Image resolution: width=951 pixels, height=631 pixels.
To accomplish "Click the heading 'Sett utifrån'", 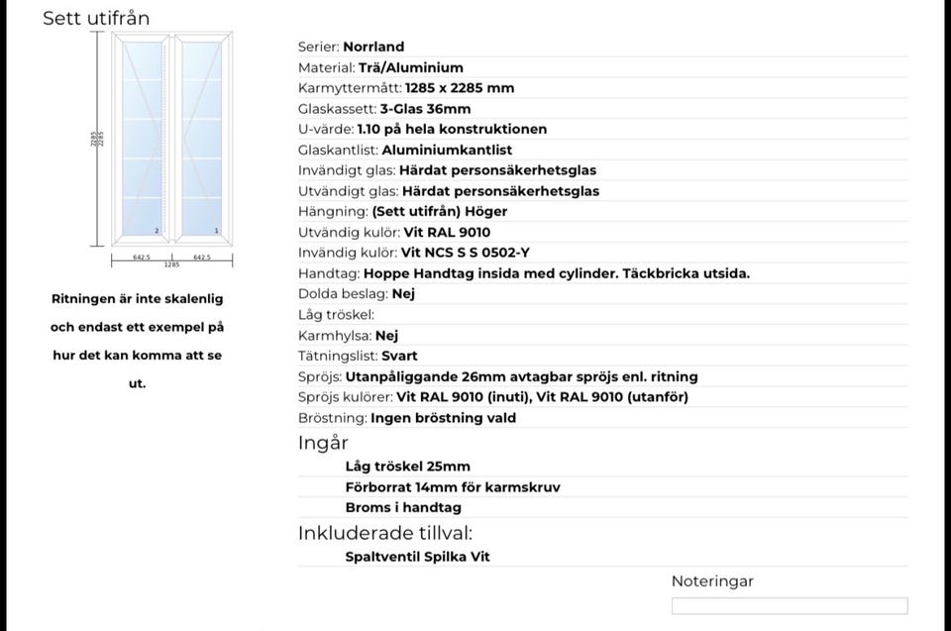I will [x=96, y=19].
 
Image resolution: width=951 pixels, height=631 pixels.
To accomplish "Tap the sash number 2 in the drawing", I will [x=157, y=231].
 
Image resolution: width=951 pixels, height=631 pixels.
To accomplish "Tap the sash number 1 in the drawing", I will [x=216, y=231].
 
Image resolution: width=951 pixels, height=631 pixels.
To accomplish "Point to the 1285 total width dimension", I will [x=170, y=265].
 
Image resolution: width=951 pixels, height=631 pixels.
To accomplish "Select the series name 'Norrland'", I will [x=373, y=47].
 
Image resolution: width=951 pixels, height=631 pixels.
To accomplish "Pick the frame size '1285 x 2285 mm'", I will [x=460, y=88].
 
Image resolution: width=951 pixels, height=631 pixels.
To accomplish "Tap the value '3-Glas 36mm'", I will [x=425, y=109].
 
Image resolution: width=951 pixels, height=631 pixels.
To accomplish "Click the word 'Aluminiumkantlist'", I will [x=447, y=150].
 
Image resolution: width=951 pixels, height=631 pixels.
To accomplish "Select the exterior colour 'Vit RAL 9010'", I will [x=447, y=233].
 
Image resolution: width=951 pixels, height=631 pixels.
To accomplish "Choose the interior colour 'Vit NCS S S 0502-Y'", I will [x=466, y=253].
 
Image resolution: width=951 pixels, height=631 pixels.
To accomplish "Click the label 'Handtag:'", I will [x=329, y=273].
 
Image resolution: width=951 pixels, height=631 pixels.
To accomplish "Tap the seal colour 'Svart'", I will [x=399, y=356].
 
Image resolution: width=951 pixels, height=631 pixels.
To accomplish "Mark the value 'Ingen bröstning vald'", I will [x=443, y=418].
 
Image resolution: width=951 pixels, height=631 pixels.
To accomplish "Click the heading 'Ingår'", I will [x=323, y=444].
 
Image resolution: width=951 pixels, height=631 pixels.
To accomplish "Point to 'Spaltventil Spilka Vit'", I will [x=417, y=557].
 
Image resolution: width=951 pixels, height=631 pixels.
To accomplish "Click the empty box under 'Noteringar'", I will [x=789, y=606].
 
